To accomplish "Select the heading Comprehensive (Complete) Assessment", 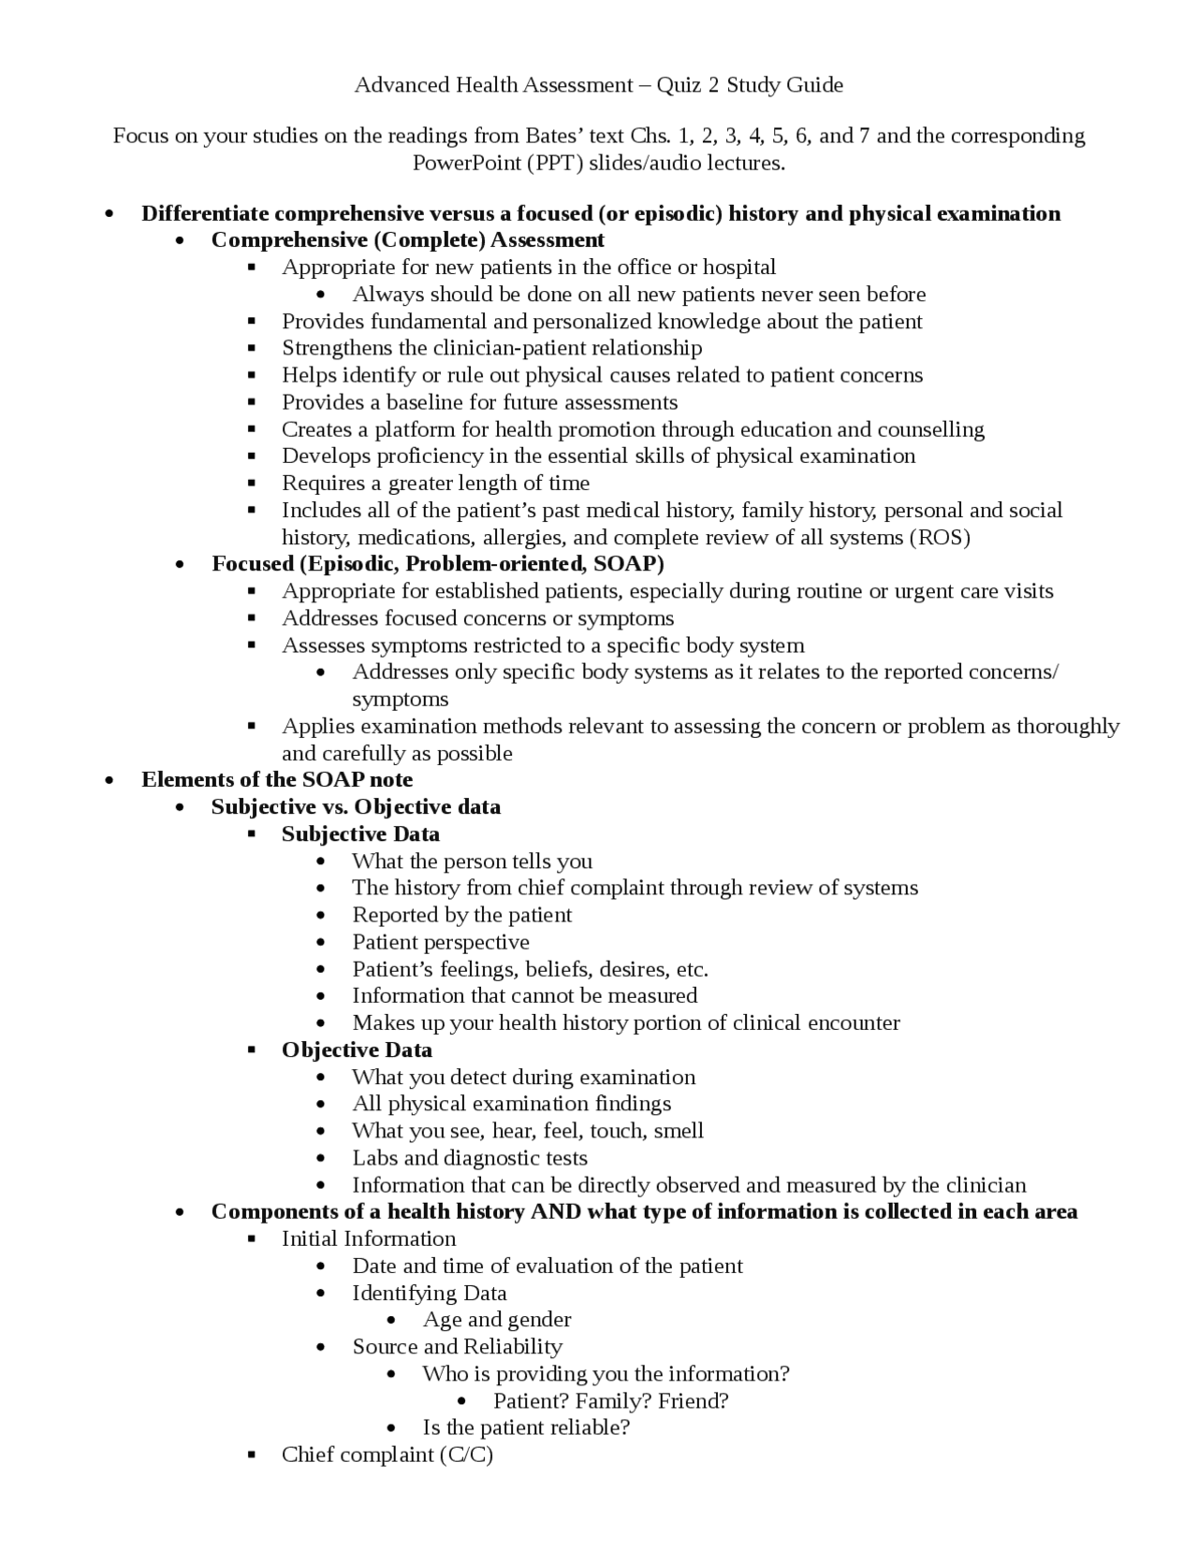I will [x=407, y=239].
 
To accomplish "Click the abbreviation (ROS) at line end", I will [x=939, y=537].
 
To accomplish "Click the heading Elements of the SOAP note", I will [x=276, y=779].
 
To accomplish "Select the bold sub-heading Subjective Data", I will [x=360, y=833].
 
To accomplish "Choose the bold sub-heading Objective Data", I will [x=357, y=1050].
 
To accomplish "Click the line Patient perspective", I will [x=440, y=942].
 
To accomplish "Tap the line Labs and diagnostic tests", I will [x=469, y=1157].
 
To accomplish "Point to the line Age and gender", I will [x=496, y=1319].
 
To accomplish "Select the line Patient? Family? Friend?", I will [x=610, y=1400].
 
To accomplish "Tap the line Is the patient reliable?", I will [x=526, y=1426].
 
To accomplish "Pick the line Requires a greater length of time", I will [x=435, y=483].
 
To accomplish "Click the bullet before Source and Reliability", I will [x=322, y=1347].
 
